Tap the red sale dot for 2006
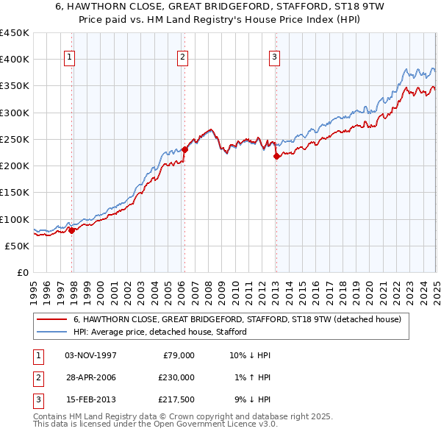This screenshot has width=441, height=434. pyautogui.click(x=185, y=149)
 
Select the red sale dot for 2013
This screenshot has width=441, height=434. pyautogui.click(x=276, y=156)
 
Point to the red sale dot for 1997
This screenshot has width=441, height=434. pyautogui.click(x=72, y=230)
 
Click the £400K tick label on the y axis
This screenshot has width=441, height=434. pyautogui.click(x=14, y=60)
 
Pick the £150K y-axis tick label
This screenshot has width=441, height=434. pyautogui.click(x=14, y=192)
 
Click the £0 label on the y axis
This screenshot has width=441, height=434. pyautogui.click(x=23, y=272)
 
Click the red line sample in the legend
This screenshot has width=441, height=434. pyautogui.click(x=51, y=320)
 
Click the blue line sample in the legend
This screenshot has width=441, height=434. pyautogui.click(x=51, y=332)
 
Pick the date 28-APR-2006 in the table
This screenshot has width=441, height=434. pyautogui.click(x=91, y=377)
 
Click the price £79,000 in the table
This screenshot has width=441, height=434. pyautogui.click(x=178, y=355)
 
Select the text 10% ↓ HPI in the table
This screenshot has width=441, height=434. pyautogui.click(x=250, y=355)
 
